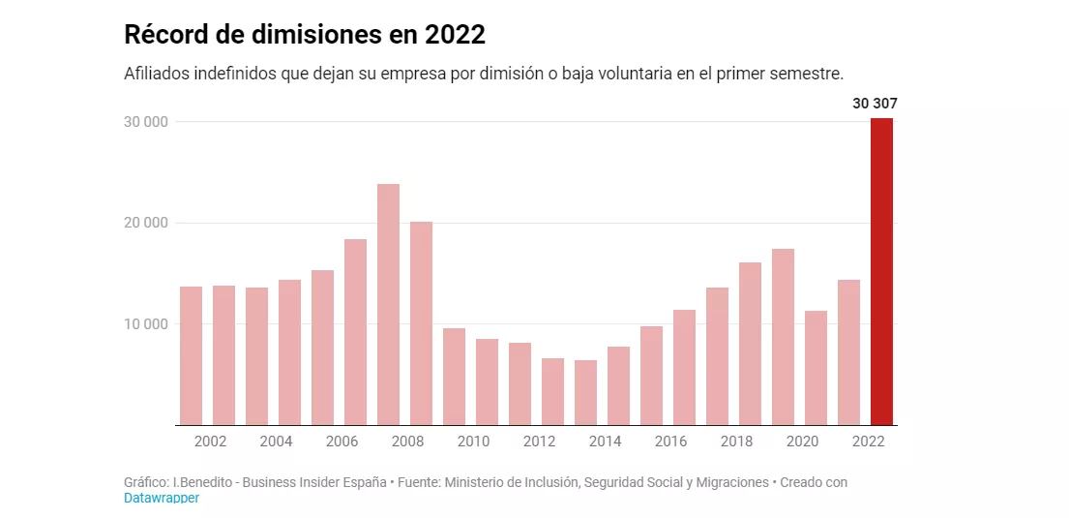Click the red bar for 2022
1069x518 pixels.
click(881, 271)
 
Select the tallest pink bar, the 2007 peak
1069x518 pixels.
click(388, 304)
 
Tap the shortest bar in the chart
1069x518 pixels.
click(585, 392)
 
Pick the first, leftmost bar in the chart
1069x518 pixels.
click(191, 355)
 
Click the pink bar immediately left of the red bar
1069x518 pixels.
click(848, 351)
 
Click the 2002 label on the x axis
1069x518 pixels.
click(210, 442)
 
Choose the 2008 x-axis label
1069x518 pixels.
click(407, 442)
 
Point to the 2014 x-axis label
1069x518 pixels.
click(605, 442)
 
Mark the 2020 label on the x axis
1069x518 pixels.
click(802, 442)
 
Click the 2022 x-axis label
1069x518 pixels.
click(868, 442)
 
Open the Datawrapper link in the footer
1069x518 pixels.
click(161, 498)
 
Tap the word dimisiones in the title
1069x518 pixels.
click(312, 36)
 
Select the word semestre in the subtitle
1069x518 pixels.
click(810, 75)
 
